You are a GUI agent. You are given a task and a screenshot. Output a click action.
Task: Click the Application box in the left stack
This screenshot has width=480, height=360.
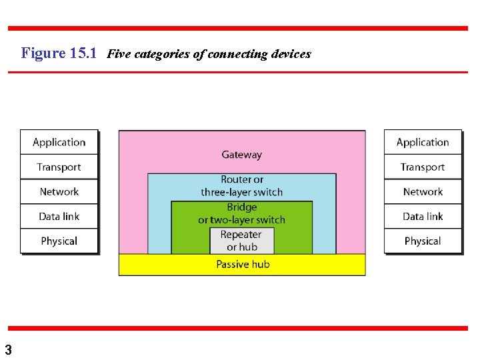59,142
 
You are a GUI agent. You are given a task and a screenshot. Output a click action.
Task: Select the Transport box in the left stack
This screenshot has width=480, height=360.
59,167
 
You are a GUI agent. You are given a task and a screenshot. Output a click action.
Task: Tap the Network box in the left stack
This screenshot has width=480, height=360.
59,191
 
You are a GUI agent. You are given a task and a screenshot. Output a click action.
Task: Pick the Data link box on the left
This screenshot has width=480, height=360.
59,216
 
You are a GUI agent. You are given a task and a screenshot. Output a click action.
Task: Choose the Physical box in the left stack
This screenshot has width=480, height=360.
59,241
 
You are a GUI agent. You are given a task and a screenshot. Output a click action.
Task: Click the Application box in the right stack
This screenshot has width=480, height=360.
423,142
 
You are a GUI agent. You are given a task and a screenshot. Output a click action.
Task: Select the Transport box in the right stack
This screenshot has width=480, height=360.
423,167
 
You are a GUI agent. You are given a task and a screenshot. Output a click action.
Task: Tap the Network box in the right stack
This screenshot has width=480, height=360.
423,191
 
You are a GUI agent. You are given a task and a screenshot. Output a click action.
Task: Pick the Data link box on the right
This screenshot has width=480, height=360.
423,216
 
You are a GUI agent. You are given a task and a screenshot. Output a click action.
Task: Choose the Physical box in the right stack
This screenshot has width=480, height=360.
423,241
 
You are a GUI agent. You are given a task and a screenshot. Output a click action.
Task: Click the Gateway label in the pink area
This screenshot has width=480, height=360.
241,155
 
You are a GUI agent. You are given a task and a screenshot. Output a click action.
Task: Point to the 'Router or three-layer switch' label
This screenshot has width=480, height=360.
241,186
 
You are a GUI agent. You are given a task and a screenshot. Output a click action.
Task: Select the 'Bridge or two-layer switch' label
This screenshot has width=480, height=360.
241,213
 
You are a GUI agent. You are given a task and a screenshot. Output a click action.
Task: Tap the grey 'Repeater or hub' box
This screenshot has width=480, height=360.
241,241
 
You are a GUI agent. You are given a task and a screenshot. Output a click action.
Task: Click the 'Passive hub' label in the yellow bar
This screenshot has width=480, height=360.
242,265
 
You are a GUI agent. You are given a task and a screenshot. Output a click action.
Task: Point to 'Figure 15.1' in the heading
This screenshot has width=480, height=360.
59,53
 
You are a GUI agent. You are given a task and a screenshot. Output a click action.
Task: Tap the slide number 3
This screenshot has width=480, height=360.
7,349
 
